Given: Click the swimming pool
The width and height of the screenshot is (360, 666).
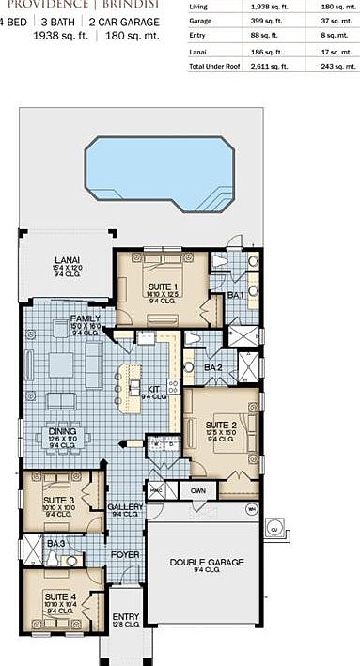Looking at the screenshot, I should pyautogui.click(x=159, y=176).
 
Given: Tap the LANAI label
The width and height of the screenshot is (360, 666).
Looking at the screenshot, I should pyautogui.click(x=66, y=259).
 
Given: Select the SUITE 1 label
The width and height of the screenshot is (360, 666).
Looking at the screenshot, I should pyautogui.click(x=162, y=287).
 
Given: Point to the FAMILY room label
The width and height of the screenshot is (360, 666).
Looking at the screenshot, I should pyautogui.click(x=86, y=319).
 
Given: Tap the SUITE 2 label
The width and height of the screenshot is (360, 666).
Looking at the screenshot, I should pyautogui.click(x=220, y=425).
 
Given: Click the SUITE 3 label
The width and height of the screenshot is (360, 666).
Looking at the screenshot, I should pyautogui.click(x=58, y=500).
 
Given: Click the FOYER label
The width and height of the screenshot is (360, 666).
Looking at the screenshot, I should pyautogui.click(x=125, y=555).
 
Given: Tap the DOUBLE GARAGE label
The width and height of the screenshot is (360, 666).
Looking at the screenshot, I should pyautogui.click(x=207, y=562).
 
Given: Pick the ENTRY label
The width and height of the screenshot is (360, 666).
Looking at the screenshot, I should pyautogui.click(x=125, y=616).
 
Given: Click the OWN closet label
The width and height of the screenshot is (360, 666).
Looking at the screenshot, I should pyautogui.click(x=198, y=490).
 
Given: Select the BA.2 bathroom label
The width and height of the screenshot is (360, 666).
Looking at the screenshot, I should pyautogui.click(x=212, y=366).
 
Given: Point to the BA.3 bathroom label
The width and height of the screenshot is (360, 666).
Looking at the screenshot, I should pyautogui.click(x=56, y=544).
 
